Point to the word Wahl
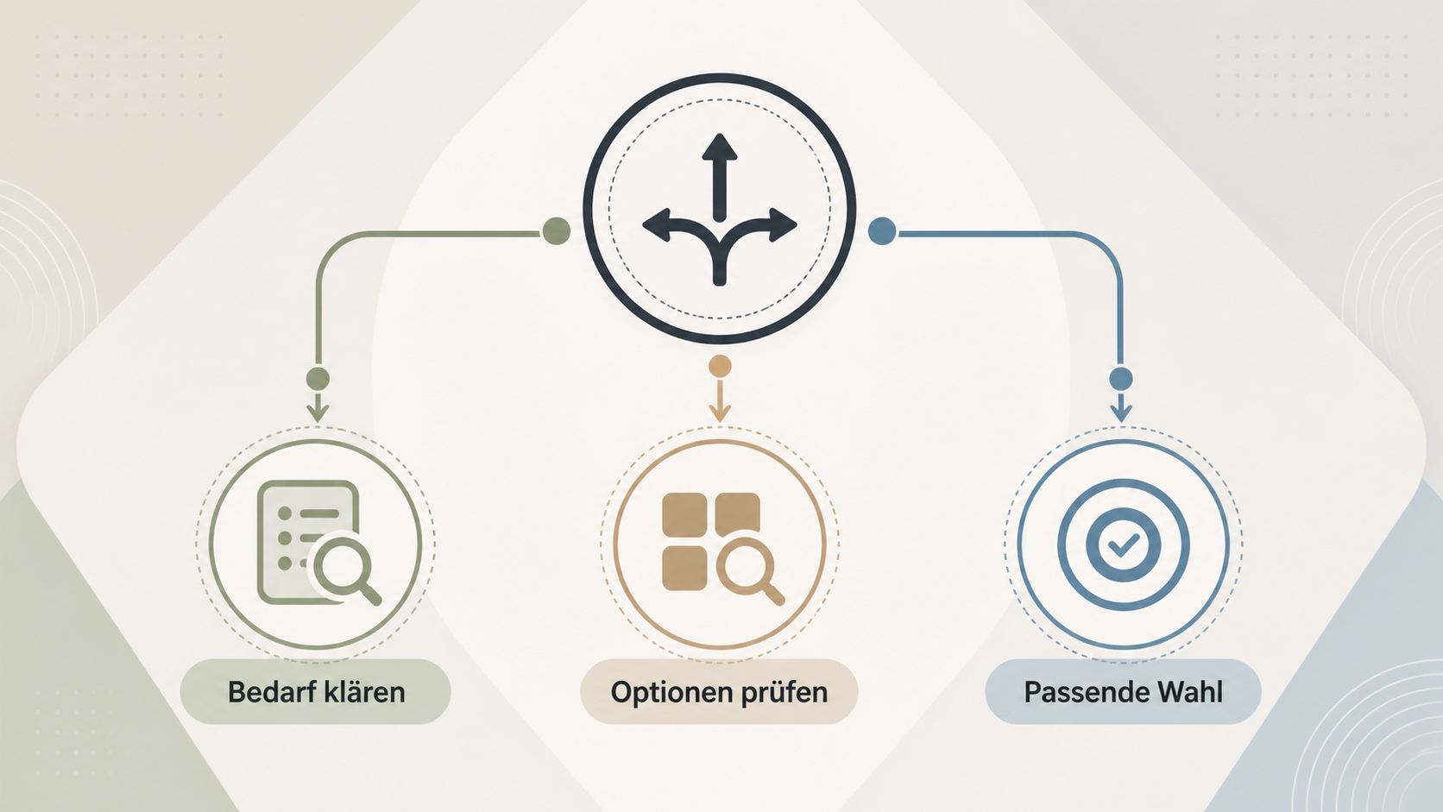point(1190,692)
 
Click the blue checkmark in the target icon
point(1124,545)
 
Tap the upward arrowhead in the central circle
point(720,147)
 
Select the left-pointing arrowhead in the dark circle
point(657,225)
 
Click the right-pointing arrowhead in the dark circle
point(784,225)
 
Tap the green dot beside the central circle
point(557,230)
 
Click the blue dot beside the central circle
point(883,230)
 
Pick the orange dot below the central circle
point(720,367)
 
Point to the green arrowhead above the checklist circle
point(318,413)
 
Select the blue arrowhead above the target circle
point(1122,413)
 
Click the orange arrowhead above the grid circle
point(720,413)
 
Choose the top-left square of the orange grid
point(684,514)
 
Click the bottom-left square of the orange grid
point(684,568)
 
